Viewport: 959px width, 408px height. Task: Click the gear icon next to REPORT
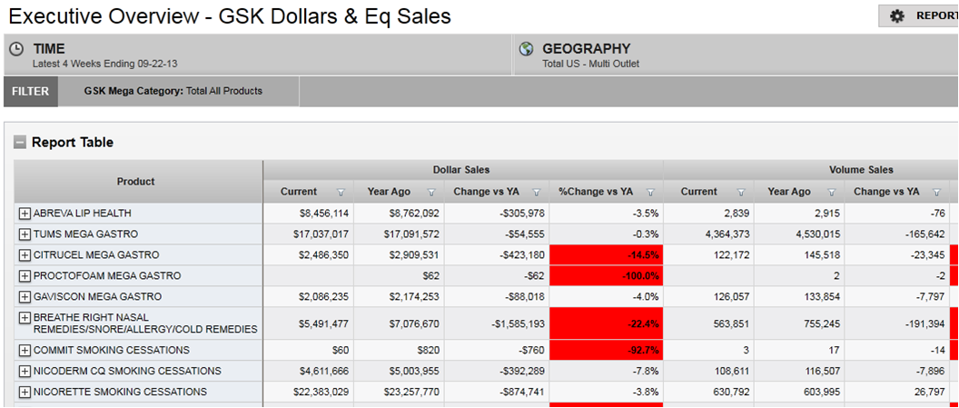897,16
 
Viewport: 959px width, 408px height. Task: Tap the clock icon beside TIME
16,49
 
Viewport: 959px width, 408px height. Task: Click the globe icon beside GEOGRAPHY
526,49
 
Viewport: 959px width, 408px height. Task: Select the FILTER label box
31,91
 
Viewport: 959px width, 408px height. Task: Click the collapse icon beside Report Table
19,143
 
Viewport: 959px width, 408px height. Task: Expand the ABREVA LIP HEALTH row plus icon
25,214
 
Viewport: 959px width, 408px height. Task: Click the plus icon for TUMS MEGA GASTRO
25,234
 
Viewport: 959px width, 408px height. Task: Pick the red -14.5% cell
606,255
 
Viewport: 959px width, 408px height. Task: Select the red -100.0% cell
606,276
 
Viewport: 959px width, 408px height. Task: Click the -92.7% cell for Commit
606,351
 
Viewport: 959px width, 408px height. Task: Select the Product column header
136,182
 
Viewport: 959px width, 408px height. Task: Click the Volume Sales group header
861,170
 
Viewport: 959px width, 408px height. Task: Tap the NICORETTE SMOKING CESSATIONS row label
120,393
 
